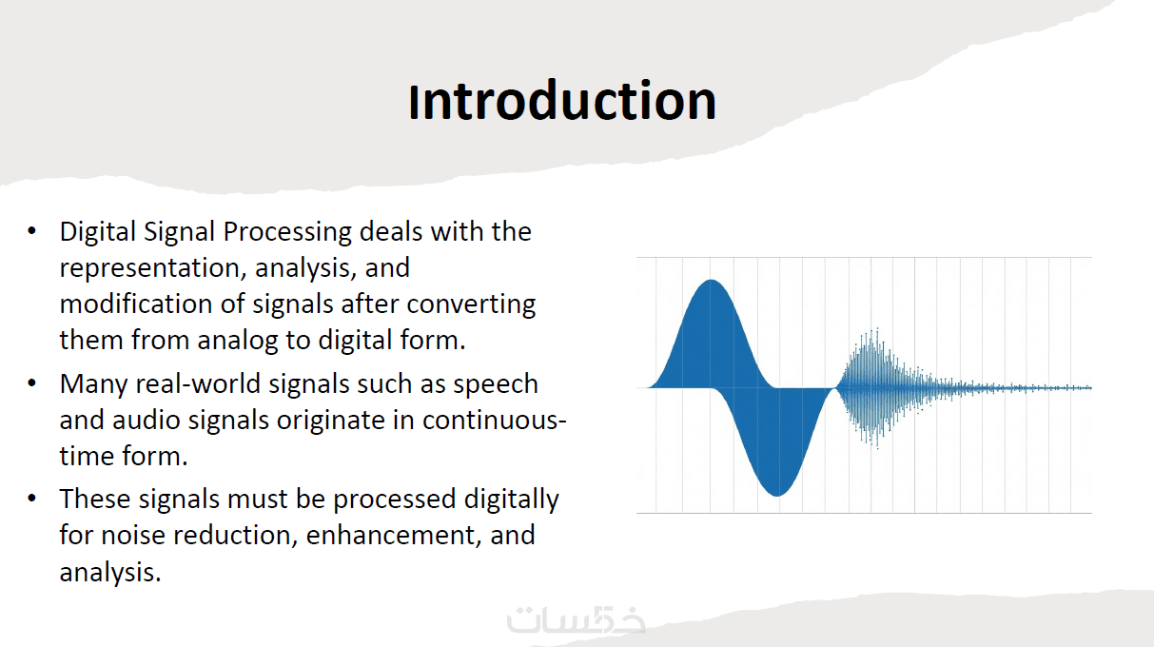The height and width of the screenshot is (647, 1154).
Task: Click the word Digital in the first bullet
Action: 97,232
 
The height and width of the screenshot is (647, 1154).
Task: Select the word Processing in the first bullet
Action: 287,232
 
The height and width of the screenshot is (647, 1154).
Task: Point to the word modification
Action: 136,304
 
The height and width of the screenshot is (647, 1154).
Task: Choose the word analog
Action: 238,341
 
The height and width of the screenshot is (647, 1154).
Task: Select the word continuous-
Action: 495,421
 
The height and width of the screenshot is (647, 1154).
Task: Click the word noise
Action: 133,536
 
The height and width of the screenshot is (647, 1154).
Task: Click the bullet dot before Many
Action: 32,383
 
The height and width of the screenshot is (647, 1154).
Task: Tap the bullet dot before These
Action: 32,499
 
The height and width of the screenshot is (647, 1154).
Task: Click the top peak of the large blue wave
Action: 711,281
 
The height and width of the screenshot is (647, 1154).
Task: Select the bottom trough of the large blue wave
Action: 777,496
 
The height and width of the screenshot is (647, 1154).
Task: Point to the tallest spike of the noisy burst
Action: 877,329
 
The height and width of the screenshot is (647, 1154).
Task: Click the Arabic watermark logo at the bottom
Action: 576,619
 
